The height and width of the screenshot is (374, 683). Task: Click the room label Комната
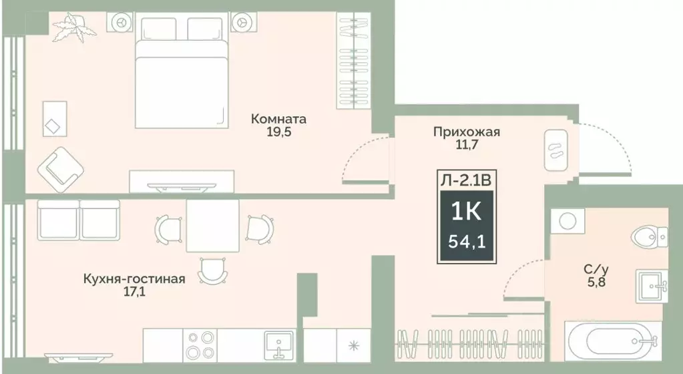point(278,120)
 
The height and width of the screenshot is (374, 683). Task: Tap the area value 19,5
point(278,132)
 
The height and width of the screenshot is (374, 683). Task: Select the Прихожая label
point(466,132)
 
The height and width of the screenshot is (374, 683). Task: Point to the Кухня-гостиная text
point(134,278)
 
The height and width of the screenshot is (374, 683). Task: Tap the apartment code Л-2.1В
point(466,179)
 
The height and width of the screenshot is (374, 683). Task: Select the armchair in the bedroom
point(61,168)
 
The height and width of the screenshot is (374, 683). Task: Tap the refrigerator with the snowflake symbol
point(353,346)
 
